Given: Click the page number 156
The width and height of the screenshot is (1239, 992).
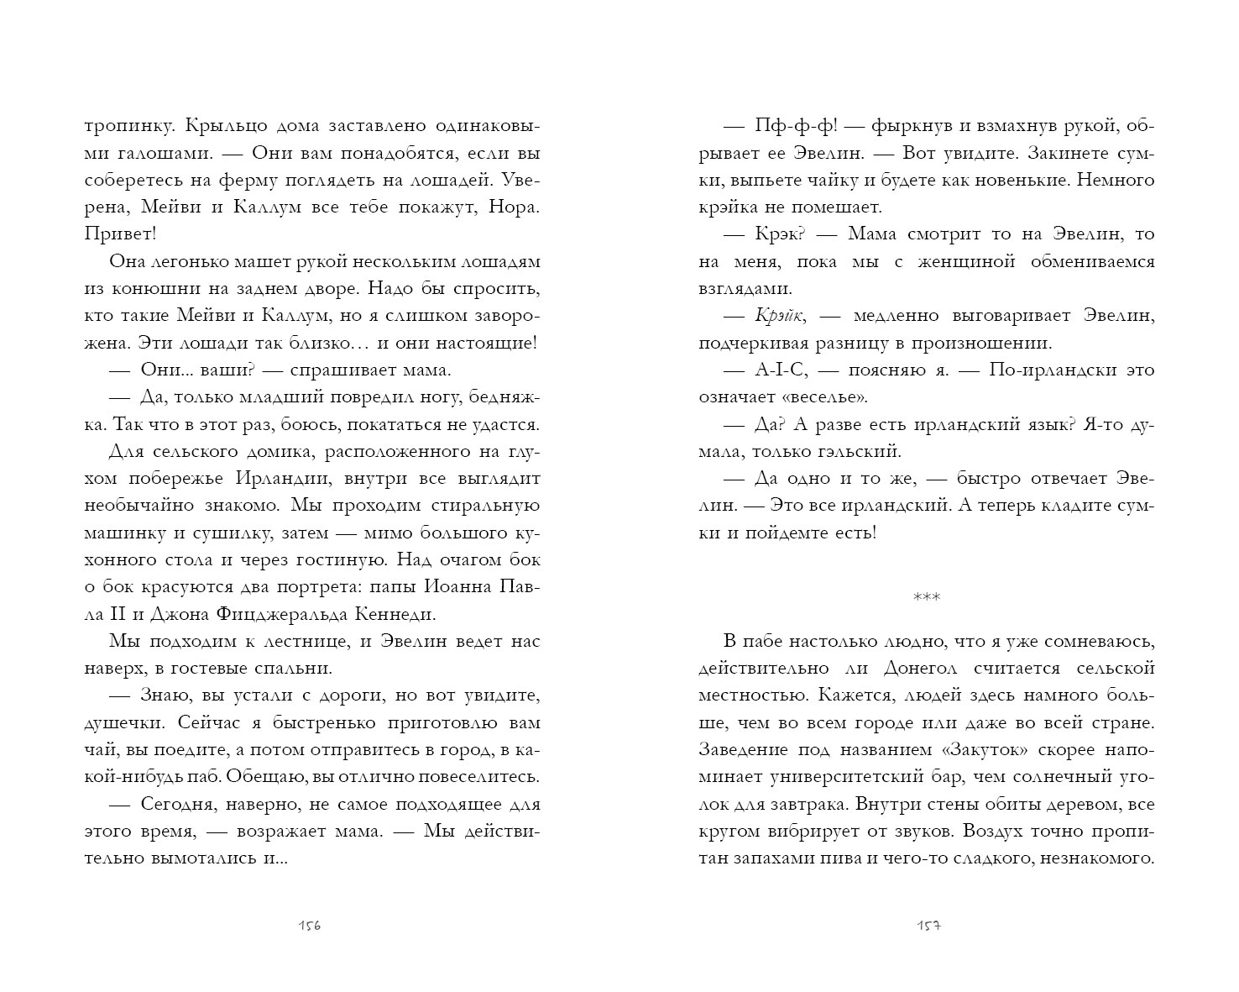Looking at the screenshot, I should [x=310, y=926].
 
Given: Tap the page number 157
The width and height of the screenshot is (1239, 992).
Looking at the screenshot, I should [x=927, y=926].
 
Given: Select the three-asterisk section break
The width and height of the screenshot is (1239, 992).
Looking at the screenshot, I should [x=927, y=597].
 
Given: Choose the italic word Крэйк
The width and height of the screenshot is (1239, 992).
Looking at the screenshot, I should [x=779, y=316].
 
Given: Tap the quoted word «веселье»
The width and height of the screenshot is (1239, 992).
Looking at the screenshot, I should [x=823, y=397].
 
